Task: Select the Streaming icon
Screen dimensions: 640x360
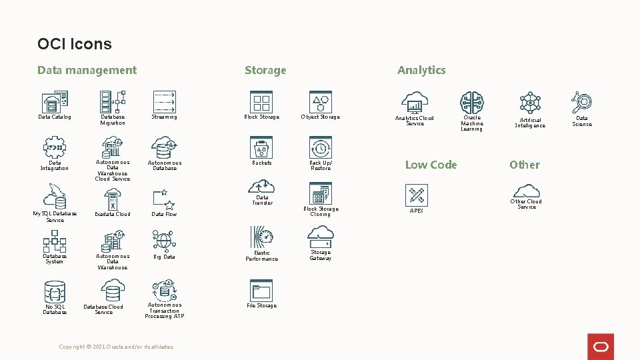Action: (x=164, y=101)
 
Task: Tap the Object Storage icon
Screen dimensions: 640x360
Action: (x=321, y=101)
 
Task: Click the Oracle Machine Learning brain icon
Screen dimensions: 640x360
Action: (x=472, y=103)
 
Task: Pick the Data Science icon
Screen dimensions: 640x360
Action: (x=581, y=103)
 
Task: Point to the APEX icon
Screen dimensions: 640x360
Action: (x=417, y=195)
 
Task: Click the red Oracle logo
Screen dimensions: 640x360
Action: (x=601, y=347)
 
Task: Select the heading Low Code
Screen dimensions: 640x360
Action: (x=431, y=165)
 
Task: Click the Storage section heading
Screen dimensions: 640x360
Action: (x=265, y=70)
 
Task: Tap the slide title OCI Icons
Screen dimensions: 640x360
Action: (x=75, y=44)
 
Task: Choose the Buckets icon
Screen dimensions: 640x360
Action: (x=261, y=147)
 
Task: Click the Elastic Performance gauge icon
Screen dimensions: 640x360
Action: (x=262, y=237)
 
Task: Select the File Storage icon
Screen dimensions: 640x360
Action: (x=261, y=291)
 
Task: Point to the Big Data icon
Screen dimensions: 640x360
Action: (x=164, y=240)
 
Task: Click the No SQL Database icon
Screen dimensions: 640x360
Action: (x=55, y=292)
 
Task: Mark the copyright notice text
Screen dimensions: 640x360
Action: (x=117, y=347)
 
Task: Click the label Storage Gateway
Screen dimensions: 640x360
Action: (x=321, y=255)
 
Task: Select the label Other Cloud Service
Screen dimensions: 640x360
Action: (x=526, y=204)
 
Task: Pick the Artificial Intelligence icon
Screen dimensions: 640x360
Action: (x=530, y=103)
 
